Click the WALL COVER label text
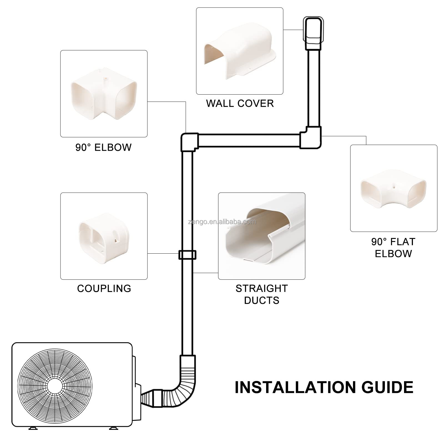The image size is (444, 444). pos(240,104)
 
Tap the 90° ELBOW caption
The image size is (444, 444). pos(104,147)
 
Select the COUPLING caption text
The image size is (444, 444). pos(104,289)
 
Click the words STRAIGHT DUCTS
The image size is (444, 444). pos(261,294)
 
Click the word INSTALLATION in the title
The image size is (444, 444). pos(294,387)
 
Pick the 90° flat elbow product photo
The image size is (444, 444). pos(393,189)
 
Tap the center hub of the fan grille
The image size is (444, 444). pos(55,386)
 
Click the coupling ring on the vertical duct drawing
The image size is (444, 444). pos(187,255)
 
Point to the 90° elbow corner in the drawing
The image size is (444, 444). pos(190,142)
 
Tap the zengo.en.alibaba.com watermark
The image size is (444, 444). pos(222,222)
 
